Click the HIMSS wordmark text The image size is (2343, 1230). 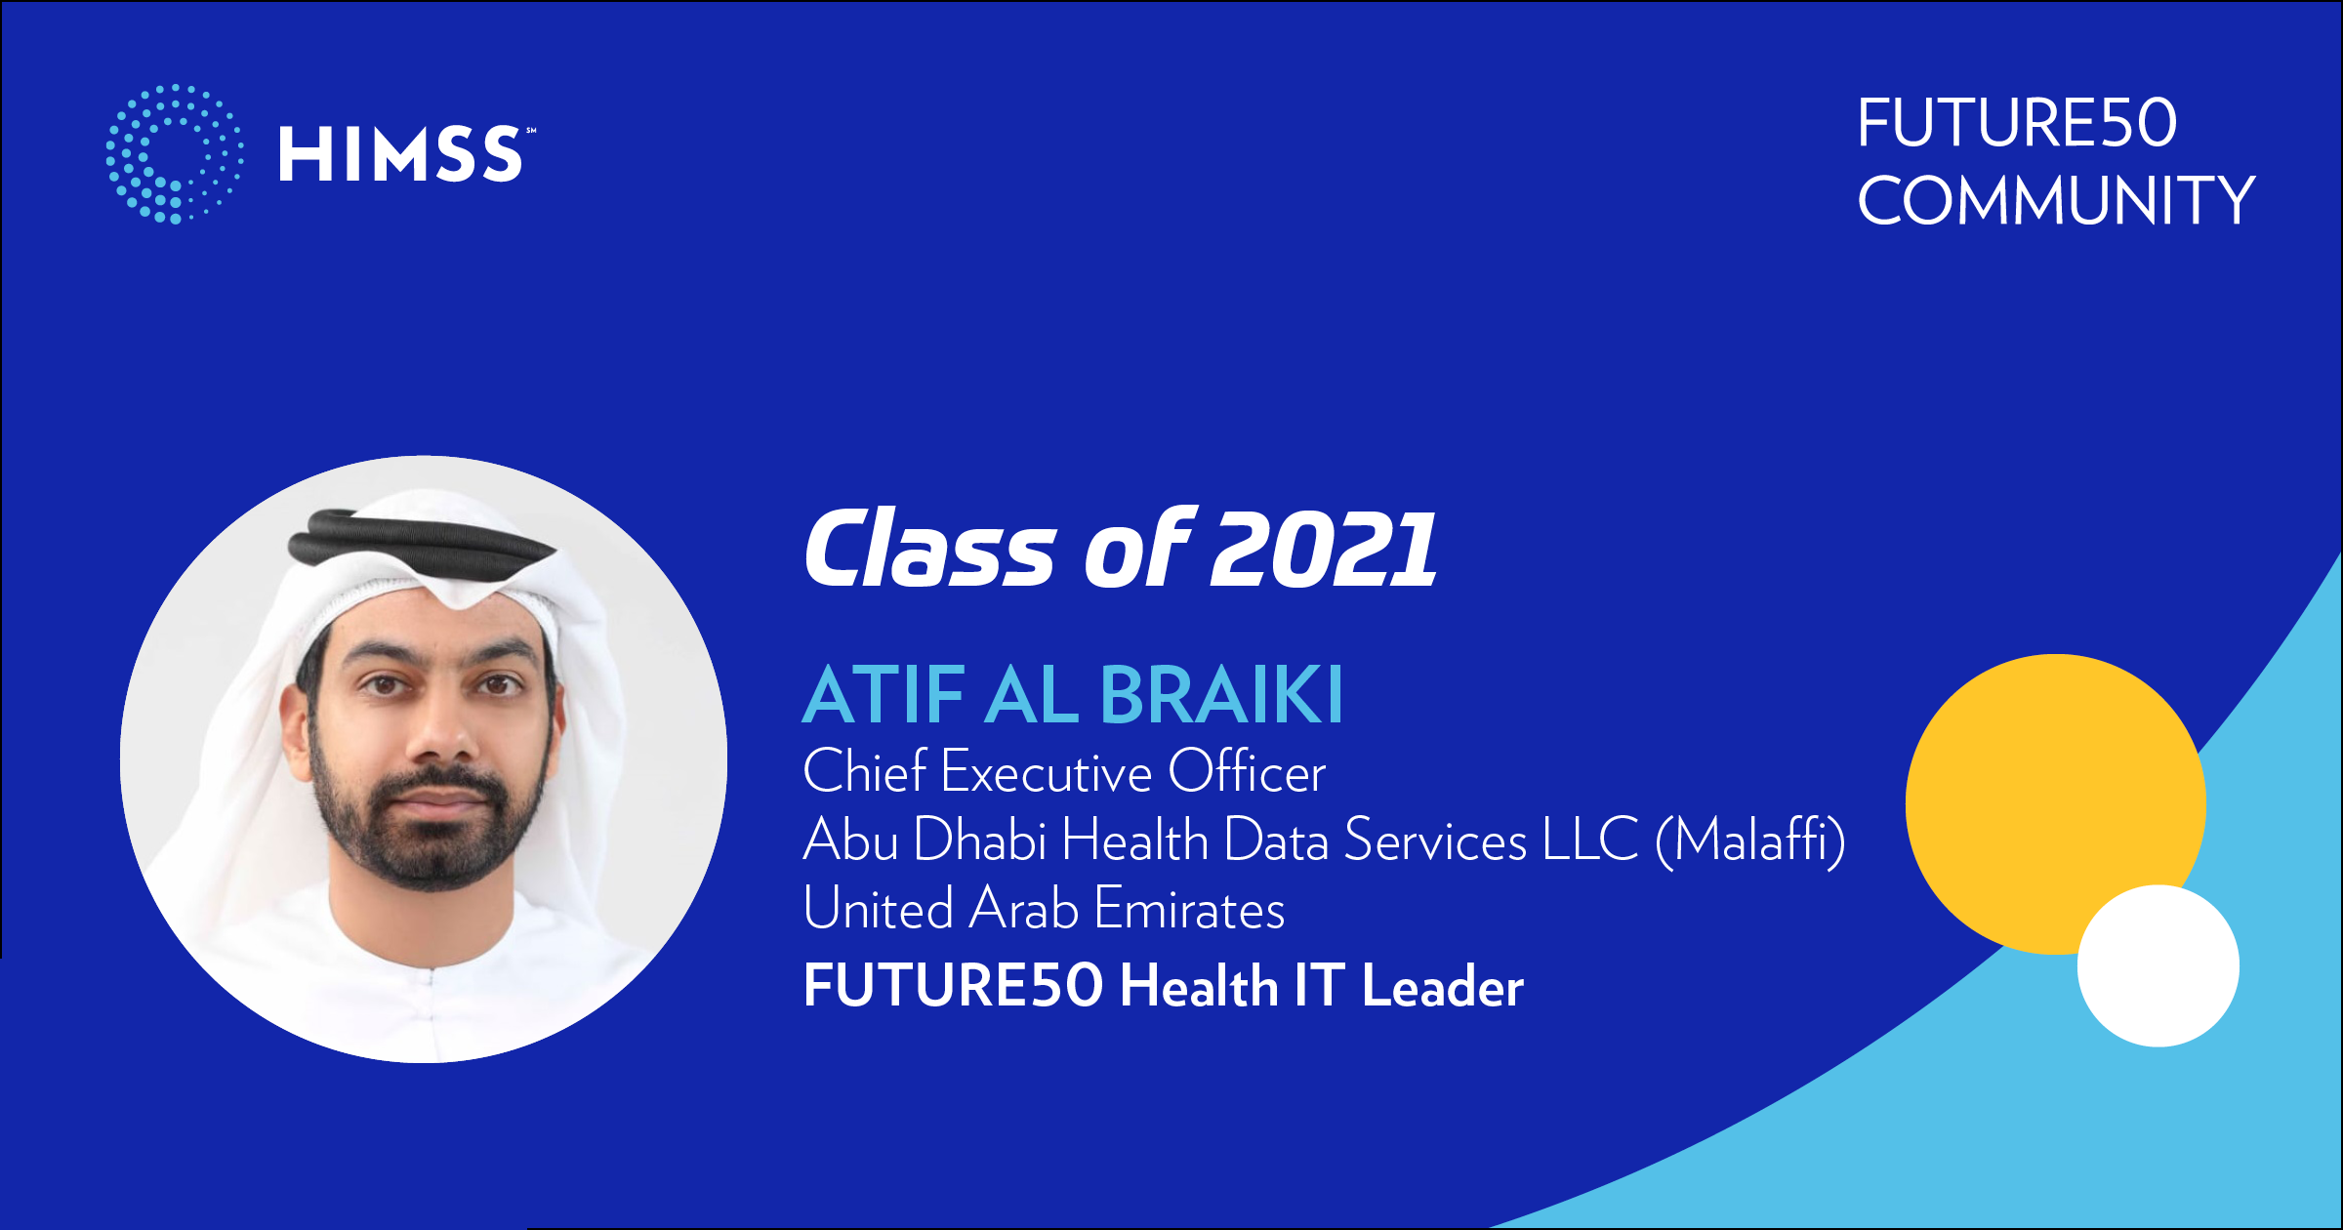pos(401,154)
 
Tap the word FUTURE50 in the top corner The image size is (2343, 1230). pos(2017,124)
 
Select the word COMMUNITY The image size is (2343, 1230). pos(2056,201)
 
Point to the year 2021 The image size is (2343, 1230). pos(1324,550)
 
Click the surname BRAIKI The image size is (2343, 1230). pos(1222,695)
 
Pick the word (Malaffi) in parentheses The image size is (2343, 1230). pos(1750,840)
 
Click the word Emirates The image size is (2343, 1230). pos(1190,909)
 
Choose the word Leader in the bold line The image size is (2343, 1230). pos(1443,986)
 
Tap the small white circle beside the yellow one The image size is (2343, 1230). pos(2158,965)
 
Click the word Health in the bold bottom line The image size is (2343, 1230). pos(1199,986)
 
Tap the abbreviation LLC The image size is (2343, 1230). pos(1590,840)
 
